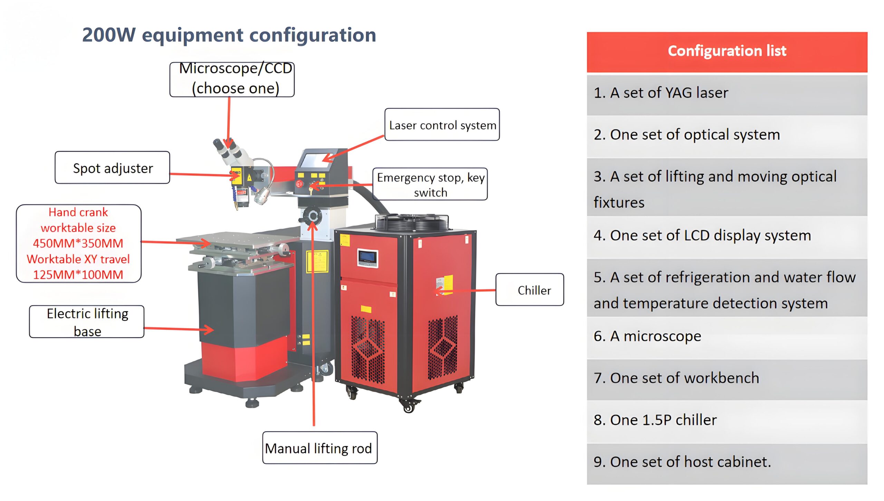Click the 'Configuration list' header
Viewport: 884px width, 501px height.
(x=727, y=51)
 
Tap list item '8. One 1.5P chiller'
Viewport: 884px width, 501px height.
(x=655, y=420)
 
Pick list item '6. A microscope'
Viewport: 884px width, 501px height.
(x=647, y=336)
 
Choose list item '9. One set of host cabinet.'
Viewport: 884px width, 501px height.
(x=682, y=462)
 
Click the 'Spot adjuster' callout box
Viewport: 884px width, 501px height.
(x=112, y=168)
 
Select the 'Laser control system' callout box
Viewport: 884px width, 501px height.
(x=442, y=125)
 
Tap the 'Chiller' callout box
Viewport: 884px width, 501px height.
(x=530, y=290)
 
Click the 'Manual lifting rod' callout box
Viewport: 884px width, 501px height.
(x=319, y=448)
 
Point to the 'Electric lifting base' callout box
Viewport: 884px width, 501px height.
(x=87, y=322)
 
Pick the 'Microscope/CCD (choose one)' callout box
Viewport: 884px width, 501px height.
(x=232, y=79)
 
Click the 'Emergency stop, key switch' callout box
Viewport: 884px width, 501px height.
(x=430, y=184)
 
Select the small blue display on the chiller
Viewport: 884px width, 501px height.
(x=367, y=257)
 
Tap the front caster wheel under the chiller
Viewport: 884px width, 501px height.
(x=409, y=407)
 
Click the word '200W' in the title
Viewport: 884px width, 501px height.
(x=108, y=35)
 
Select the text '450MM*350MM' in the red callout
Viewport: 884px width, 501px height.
(x=78, y=243)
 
